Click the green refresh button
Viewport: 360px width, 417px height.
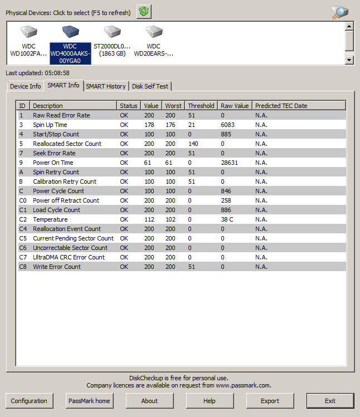coord(144,11)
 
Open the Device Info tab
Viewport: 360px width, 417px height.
coord(26,86)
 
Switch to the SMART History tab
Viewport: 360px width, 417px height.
coord(106,86)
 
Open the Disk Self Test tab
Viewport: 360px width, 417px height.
coord(150,86)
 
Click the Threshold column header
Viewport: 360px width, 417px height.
coord(201,106)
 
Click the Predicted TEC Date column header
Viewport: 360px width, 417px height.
coord(281,106)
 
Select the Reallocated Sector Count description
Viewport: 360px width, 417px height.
coord(67,144)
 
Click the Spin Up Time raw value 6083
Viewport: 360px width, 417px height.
coord(228,125)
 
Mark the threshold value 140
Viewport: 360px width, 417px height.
coord(193,144)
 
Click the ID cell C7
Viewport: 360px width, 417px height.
coord(23,257)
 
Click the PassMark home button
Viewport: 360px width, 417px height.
coord(89,401)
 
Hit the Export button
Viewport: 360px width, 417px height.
coord(270,401)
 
